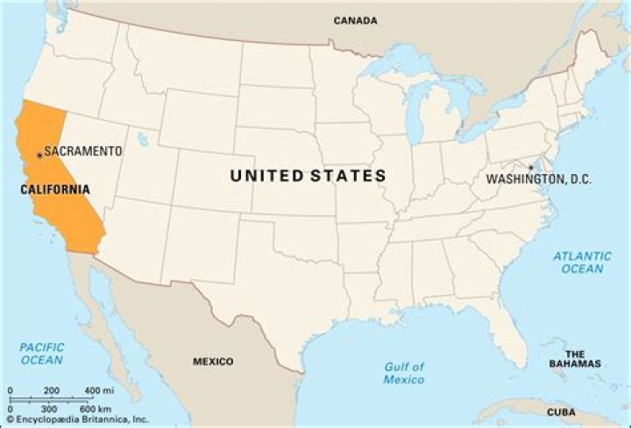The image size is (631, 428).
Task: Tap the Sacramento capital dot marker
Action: coord(39,156)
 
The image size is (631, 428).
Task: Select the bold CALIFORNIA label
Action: coord(54,189)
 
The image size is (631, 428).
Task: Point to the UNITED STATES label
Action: coord(308,176)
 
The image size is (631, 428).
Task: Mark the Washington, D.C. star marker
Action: coord(530,167)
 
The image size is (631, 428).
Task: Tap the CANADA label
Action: coord(356,20)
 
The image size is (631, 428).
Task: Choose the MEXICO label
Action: coord(213,361)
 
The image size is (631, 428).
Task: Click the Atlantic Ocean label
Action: coord(582,262)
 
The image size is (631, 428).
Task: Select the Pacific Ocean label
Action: coord(42,354)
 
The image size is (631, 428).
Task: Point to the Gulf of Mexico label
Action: coord(403,373)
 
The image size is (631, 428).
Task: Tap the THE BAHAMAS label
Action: coord(575,359)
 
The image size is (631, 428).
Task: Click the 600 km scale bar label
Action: coord(96,409)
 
